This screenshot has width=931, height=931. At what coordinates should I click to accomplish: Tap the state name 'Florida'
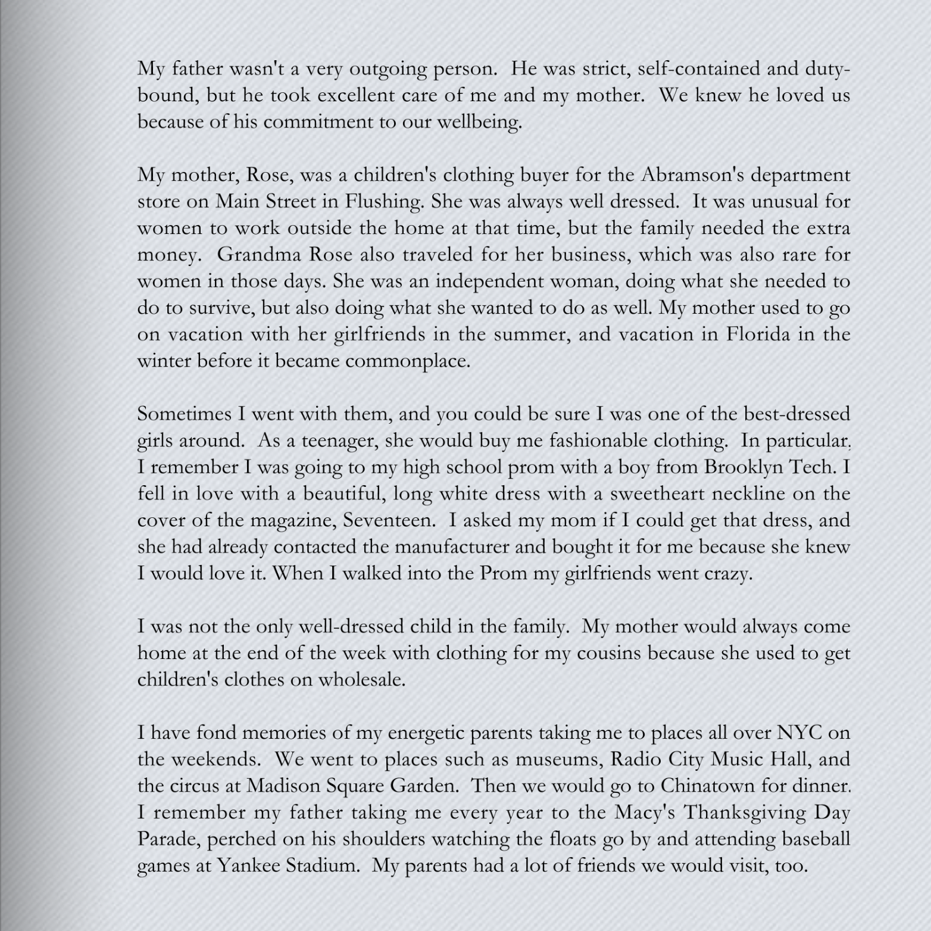757,334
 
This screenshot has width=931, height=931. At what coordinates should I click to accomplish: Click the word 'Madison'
283,786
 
